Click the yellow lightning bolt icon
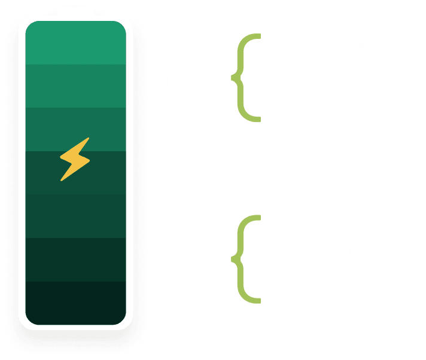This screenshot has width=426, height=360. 74,158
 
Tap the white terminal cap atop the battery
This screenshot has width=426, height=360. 75,13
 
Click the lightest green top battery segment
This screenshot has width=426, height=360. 75,42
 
